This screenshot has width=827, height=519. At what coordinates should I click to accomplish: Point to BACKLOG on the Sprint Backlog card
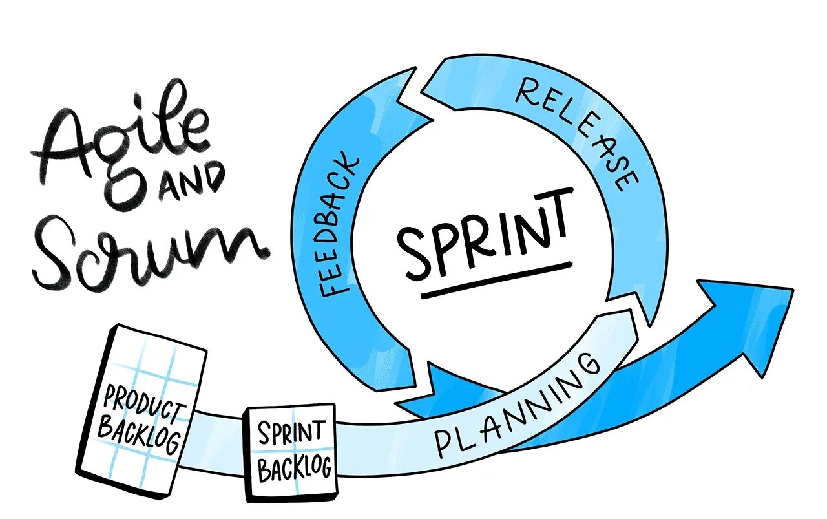coord(294,467)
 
